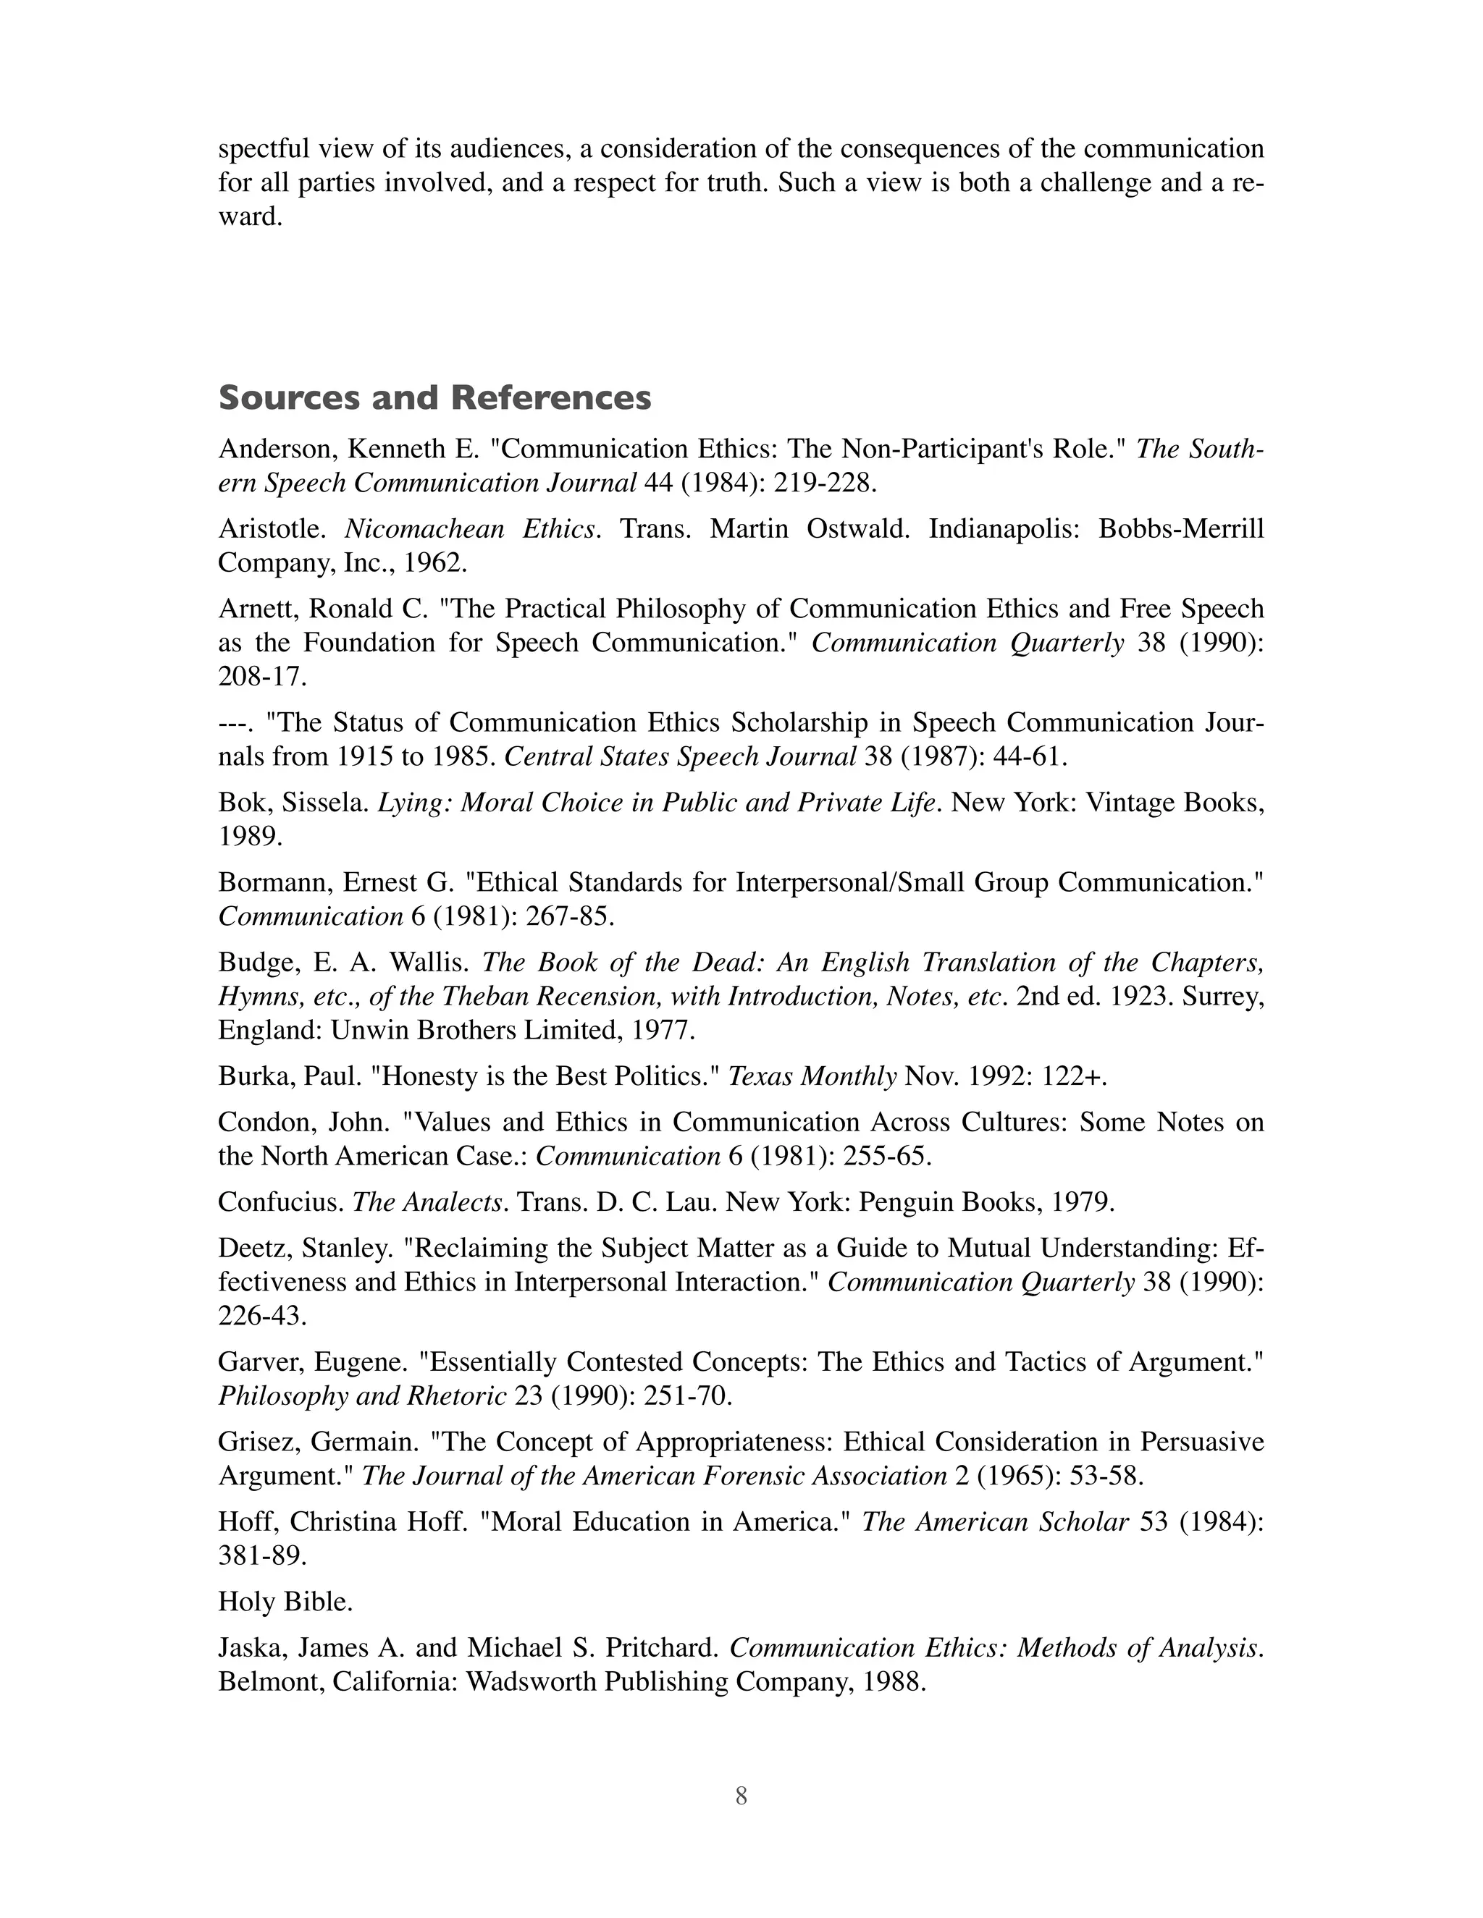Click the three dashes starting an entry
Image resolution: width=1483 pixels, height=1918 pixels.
(x=235, y=723)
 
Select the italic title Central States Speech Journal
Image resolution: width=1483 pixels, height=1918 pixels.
(x=679, y=756)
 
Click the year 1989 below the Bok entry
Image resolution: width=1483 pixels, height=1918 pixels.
(x=251, y=836)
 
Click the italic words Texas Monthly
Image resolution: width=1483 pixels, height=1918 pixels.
(x=812, y=1076)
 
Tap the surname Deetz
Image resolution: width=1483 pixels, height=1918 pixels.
(x=251, y=1248)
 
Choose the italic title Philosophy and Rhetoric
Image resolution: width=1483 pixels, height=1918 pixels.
(x=362, y=1395)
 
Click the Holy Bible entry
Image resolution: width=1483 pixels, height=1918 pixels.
(x=285, y=1602)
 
